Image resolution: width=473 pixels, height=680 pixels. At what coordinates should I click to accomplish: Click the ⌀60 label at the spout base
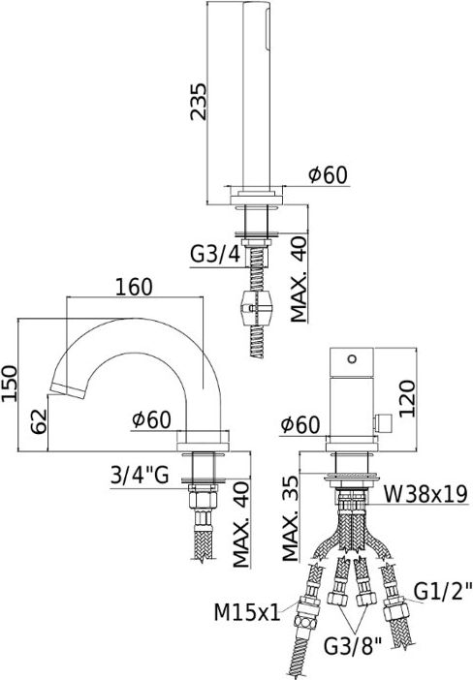[x=152, y=419]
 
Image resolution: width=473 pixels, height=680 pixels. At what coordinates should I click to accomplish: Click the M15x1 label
[x=246, y=611]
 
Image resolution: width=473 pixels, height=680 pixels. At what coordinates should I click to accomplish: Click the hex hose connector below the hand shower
[x=255, y=311]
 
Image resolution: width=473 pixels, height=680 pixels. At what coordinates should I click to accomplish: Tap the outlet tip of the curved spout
[x=60, y=389]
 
